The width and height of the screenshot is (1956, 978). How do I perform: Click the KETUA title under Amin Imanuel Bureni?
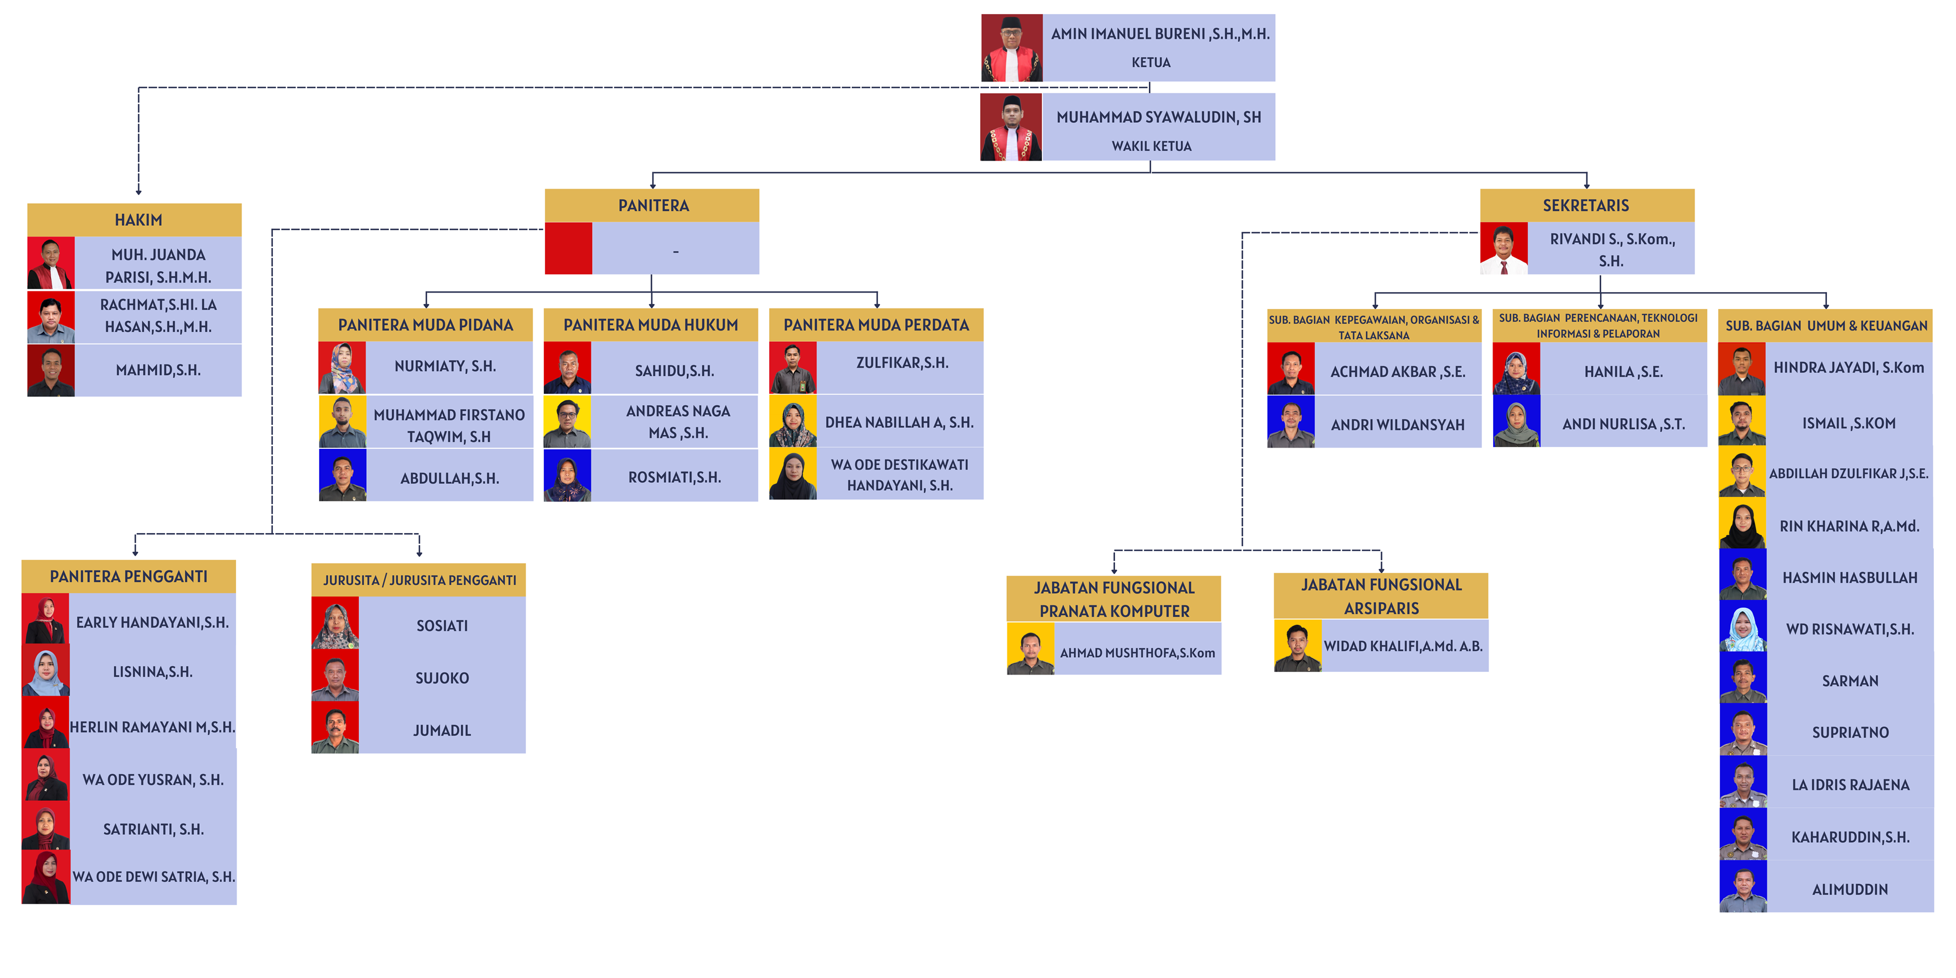[x=1151, y=62]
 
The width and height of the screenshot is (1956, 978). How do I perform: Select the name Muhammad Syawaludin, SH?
[x=1158, y=117]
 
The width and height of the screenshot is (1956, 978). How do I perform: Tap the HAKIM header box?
[x=138, y=220]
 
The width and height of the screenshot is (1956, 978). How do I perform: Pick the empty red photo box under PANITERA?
[x=568, y=248]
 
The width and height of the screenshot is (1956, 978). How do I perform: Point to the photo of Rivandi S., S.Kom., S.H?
[x=1503, y=248]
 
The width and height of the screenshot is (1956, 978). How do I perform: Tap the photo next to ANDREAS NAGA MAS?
[x=567, y=422]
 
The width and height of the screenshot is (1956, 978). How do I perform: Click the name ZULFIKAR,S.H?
[x=902, y=363]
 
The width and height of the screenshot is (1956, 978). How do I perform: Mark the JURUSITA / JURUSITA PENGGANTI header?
[x=419, y=580]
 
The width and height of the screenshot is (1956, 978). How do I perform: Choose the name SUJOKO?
[x=442, y=678]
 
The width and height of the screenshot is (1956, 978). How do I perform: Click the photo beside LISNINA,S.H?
[x=45, y=672]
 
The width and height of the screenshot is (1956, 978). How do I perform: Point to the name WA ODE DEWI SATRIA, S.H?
[x=153, y=877]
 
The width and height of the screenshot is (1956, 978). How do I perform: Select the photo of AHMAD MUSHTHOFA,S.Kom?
[x=1031, y=649]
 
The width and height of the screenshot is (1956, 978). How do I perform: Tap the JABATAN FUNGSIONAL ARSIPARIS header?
[x=1380, y=596]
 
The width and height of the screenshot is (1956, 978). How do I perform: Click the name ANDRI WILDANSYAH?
[x=1397, y=425]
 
